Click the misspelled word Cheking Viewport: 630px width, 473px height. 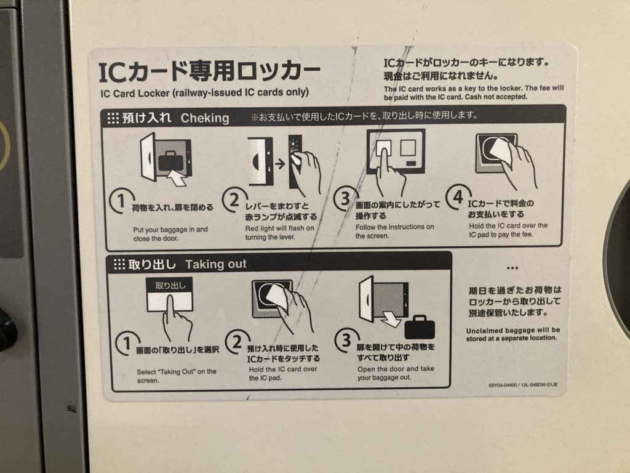pyautogui.click(x=205, y=118)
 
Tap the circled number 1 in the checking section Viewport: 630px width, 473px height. pyautogui.click(x=120, y=200)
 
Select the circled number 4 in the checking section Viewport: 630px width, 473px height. pyautogui.click(x=458, y=197)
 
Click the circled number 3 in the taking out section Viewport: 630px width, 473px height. pyautogui.click(x=346, y=340)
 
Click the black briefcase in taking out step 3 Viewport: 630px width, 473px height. pyautogui.click(x=420, y=327)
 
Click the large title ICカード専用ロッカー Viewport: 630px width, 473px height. pyautogui.click(x=209, y=71)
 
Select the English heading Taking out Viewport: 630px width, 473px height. pyautogui.click(x=216, y=264)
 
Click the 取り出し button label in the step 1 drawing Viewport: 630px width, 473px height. pyautogui.click(x=170, y=286)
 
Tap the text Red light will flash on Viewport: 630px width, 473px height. pyautogui.click(x=280, y=228)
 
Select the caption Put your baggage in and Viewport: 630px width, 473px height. pyautogui.click(x=170, y=229)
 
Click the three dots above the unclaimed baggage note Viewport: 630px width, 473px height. pyautogui.click(x=512, y=268)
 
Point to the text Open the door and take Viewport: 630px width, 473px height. pyautogui.click(x=396, y=369)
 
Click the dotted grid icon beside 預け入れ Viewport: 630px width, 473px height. pyautogui.click(x=113, y=118)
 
